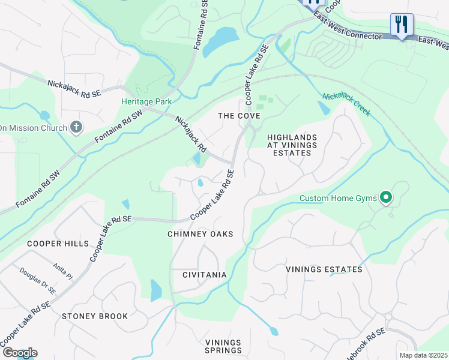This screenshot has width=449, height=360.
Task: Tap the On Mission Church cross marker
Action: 76,127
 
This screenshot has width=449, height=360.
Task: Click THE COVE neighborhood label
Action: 239,116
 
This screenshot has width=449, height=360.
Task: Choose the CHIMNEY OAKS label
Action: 200,234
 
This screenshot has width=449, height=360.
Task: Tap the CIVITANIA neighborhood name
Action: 205,275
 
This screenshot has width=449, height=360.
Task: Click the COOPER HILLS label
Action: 58,244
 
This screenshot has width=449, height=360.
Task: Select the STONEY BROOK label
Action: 95,316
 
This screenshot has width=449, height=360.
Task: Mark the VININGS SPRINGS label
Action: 223,346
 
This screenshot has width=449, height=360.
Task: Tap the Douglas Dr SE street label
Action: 37,281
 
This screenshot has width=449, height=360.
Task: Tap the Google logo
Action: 19,353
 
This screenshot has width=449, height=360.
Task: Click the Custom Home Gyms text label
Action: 337,198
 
